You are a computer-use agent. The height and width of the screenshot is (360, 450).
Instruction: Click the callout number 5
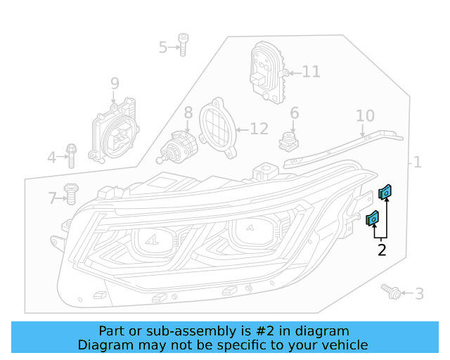[x=162, y=47]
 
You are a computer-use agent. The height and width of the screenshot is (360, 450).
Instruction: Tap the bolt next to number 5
[x=182, y=44]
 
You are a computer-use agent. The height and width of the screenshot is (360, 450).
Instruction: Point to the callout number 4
[x=51, y=157]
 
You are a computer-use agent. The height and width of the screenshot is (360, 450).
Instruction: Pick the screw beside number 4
[x=70, y=155]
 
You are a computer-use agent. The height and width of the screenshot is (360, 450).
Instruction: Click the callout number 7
[x=51, y=198]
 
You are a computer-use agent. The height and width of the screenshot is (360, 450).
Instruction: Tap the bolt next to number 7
[x=70, y=193]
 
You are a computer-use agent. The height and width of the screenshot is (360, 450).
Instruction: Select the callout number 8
[x=188, y=112]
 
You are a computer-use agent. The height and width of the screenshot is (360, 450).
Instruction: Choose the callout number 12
[x=259, y=129]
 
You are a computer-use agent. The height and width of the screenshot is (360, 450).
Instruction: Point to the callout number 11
[x=311, y=72]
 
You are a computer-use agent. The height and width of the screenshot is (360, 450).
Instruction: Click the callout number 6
[x=294, y=112]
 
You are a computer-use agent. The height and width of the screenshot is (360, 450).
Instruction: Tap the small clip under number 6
[x=288, y=142]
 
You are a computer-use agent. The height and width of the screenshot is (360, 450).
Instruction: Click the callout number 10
[x=365, y=115]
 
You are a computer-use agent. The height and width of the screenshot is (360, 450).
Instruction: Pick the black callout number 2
[x=382, y=250]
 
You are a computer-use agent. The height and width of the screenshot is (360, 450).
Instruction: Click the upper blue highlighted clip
[x=385, y=191]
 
